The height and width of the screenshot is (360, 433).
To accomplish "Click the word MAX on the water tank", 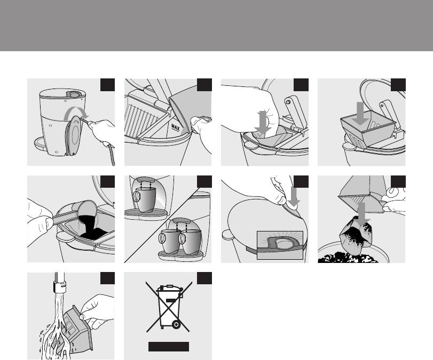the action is [x=176, y=127].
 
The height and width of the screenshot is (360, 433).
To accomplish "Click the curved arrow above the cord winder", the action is [x=77, y=111].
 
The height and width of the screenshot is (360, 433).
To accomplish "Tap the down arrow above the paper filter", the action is [x=263, y=122].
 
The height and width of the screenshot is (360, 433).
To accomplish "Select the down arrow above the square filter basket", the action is [x=360, y=113].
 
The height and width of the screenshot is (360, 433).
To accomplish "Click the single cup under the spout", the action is [x=146, y=199].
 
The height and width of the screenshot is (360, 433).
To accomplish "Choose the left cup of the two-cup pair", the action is [x=169, y=241].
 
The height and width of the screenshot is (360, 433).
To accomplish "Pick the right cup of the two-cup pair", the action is [x=191, y=241].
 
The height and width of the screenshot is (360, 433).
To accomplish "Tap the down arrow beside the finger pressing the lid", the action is [x=294, y=196].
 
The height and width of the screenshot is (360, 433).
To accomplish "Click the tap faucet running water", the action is [x=59, y=283].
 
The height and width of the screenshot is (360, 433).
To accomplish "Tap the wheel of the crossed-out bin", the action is [x=176, y=325].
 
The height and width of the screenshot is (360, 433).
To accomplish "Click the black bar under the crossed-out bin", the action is [x=169, y=347].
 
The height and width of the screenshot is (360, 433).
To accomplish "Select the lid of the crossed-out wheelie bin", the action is [x=169, y=290].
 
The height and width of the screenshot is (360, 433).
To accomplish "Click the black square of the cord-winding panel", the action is [x=107, y=85].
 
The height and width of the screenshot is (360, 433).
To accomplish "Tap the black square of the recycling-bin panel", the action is [x=204, y=278].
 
